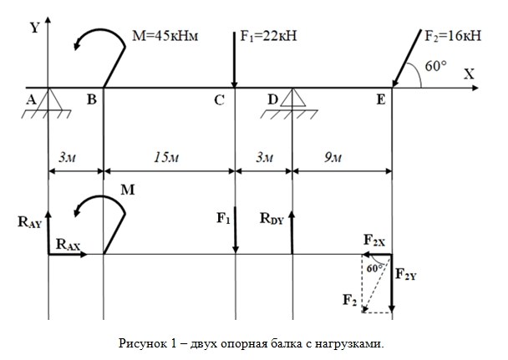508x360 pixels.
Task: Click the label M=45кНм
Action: pos(165,36)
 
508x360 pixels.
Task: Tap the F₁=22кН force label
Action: pos(268,36)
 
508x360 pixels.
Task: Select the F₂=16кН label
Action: pos(453,36)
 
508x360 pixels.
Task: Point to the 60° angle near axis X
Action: pos(436,66)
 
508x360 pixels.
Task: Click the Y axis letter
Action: pos(34,28)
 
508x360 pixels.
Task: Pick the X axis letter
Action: pos(469,74)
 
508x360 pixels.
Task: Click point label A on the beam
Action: pos(31,99)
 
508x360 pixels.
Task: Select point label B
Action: pos(92,99)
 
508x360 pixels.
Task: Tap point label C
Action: pos(220,100)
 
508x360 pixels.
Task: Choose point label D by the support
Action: pos(272,99)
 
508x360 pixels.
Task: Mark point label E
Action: pos(381,99)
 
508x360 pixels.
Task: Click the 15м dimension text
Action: pos(166,158)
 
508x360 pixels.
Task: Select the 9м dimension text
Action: pos(333,158)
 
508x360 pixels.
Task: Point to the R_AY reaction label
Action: pos(30,222)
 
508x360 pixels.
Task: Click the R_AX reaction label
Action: pos(68,245)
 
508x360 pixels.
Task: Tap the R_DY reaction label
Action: pos(272,219)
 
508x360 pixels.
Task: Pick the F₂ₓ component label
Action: pos(374,241)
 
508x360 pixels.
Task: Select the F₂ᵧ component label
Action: pos(406,275)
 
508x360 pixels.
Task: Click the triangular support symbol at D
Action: pos(292,98)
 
